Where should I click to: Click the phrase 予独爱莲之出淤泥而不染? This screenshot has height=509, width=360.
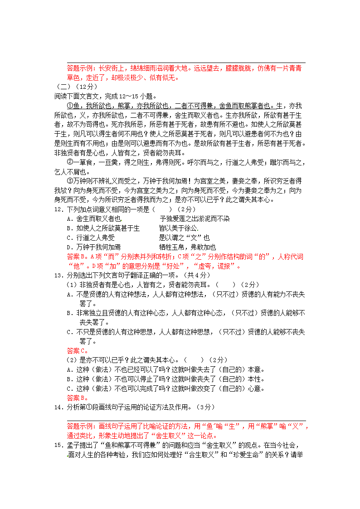195,219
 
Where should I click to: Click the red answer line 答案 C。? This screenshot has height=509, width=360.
77,350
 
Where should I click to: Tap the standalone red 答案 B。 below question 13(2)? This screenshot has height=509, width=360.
77,398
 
